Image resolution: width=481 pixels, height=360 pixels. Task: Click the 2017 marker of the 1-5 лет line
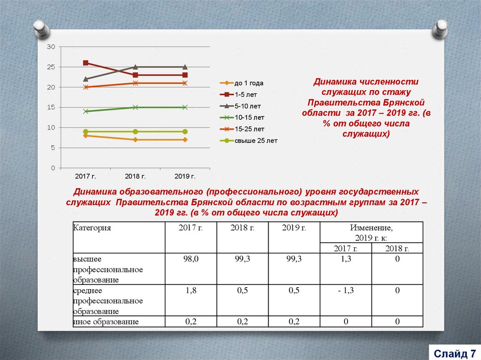click(x=85, y=63)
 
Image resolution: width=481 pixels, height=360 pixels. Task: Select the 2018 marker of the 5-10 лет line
click(x=135, y=67)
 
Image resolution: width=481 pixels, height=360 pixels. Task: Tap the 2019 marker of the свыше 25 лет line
click(x=185, y=132)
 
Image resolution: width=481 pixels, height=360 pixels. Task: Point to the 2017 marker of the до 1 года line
click(x=85, y=136)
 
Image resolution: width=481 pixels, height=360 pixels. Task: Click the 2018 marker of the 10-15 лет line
click(x=135, y=107)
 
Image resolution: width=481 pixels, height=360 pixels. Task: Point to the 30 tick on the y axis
click(x=51, y=47)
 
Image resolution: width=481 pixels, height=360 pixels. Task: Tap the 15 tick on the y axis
click(x=51, y=107)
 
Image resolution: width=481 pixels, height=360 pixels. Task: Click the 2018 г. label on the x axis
click(x=135, y=176)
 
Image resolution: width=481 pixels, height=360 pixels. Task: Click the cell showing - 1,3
click(x=345, y=291)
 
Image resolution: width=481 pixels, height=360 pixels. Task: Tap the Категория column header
click(x=92, y=228)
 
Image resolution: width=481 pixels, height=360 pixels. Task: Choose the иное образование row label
click(x=106, y=322)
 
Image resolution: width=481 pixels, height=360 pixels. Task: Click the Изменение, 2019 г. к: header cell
click(x=371, y=232)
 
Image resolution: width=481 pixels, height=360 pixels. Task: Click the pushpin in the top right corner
click(x=441, y=29)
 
